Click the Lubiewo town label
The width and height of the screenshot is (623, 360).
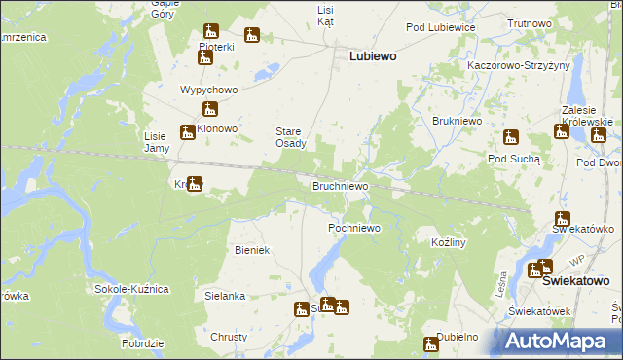(x=373, y=56)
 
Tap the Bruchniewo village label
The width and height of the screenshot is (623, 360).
(x=340, y=185)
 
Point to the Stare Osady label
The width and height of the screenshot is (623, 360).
(x=290, y=137)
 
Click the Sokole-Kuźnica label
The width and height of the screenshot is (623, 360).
(x=131, y=290)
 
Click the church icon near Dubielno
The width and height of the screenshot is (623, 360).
(x=431, y=342)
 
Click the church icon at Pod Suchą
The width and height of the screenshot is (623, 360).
(x=511, y=137)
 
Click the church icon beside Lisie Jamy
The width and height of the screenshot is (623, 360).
(x=187, y=133)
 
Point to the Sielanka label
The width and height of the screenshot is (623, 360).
(x=224, y=295)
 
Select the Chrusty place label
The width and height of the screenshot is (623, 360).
(x=229, y=337)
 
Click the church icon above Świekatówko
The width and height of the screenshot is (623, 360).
(x=562, y=219)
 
